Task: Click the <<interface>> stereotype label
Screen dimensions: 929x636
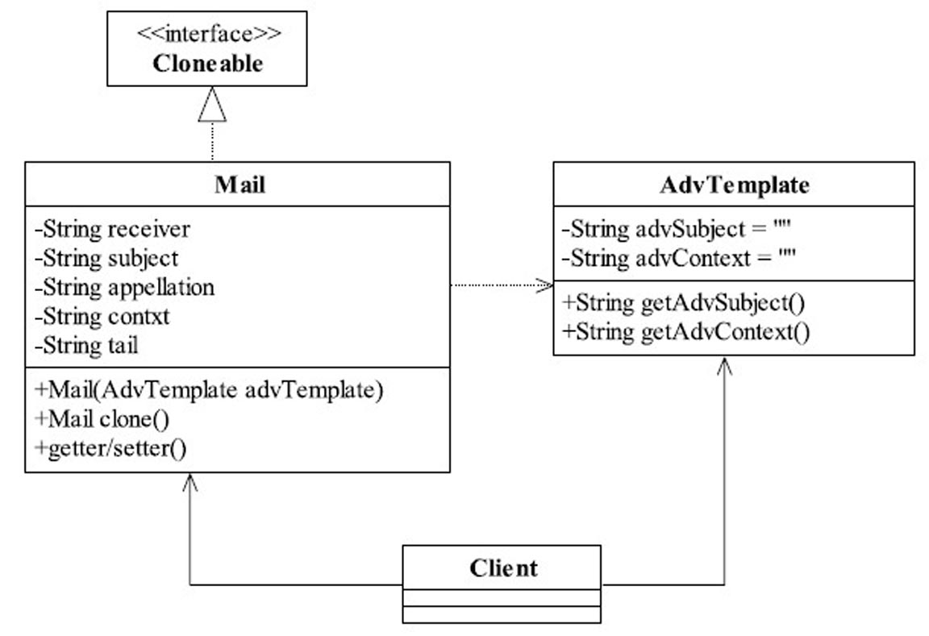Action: pyautogui.click(x=209, y=34)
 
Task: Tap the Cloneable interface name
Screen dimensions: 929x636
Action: pyautogui.click(x=207, y=64)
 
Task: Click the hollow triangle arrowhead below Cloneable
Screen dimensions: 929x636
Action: pyautogui.click(x=212, y=104)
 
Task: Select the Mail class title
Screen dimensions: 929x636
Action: pyautogui.click(x=240, y=184)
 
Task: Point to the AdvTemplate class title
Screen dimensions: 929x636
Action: pyautogui.click(x=734, y=185)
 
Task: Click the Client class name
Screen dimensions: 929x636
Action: pyautogui.click(x=503, y=568)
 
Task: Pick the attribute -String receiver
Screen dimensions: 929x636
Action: pyautogui.click(x=113, y=229)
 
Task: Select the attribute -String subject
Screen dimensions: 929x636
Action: pyautogui.click(x=106, y=259)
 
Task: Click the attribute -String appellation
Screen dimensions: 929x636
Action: pyautogui.click(x=124, y=288)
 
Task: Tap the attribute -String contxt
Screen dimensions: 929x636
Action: pyautogui.click(x=102, y=316)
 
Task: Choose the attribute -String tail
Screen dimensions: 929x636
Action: pyautogui.click(x=86, y=345)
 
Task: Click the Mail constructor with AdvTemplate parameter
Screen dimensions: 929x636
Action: pyautogui.click(x=209, y=389)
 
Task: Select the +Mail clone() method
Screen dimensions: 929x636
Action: pyautogui.click(x=102, y=419)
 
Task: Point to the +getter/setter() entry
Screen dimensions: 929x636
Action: pyautogui.click(x=110, y=448)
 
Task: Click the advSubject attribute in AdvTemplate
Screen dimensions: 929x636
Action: pyautogui.click(x=677, y=229)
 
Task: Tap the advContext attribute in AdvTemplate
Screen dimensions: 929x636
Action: pyautogui.click(x=679, y=259)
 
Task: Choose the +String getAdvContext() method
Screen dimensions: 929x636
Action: pyautogui.click(x=686, y=331)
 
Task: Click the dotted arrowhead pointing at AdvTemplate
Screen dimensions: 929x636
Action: pyautogui.click(x=544, y=285)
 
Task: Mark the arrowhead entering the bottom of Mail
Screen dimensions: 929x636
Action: pyautogui.click(x=190, y=483)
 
